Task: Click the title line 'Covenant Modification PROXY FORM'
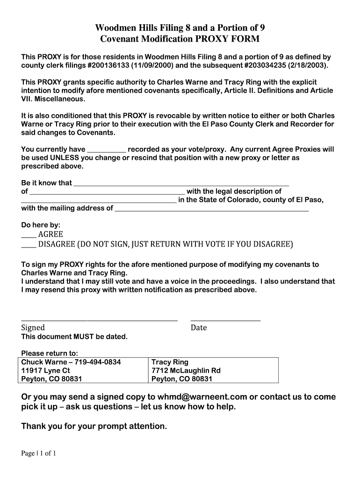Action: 180,39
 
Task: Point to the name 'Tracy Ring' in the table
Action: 170,362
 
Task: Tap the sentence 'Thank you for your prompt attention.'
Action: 94,426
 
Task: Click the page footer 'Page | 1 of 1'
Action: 39,453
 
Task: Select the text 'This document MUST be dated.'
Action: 74,337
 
